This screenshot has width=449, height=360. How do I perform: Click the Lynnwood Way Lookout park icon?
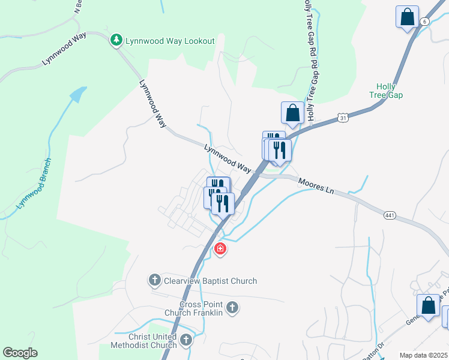pyautogui.click(x=116, y=40)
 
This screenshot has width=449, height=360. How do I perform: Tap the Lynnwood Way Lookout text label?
pyautogui.click(x=169, y=41)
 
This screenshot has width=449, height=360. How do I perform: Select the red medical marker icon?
pyautogui.click(x=220, y=248)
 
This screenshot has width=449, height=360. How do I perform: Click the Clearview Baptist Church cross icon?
pyautogui.click(x=154, y=280)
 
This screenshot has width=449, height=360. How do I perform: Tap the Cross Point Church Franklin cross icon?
pyautogui.click(x=233, y=308)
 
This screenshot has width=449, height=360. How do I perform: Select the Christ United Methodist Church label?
pyautogui.click(x=143, y=340)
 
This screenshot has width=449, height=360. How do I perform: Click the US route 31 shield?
pyautogui.click(x=341, y=118)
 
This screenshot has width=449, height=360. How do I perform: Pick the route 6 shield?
pyautogui.click(x=425, y=21)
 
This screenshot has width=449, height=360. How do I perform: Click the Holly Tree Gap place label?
pyautogui.click(x=385, y=91)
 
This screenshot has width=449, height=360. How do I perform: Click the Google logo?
pyautogui.click(x=20, y=353)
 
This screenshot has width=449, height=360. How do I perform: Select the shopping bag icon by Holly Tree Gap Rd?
pyautogui.click(x=292, y=112)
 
